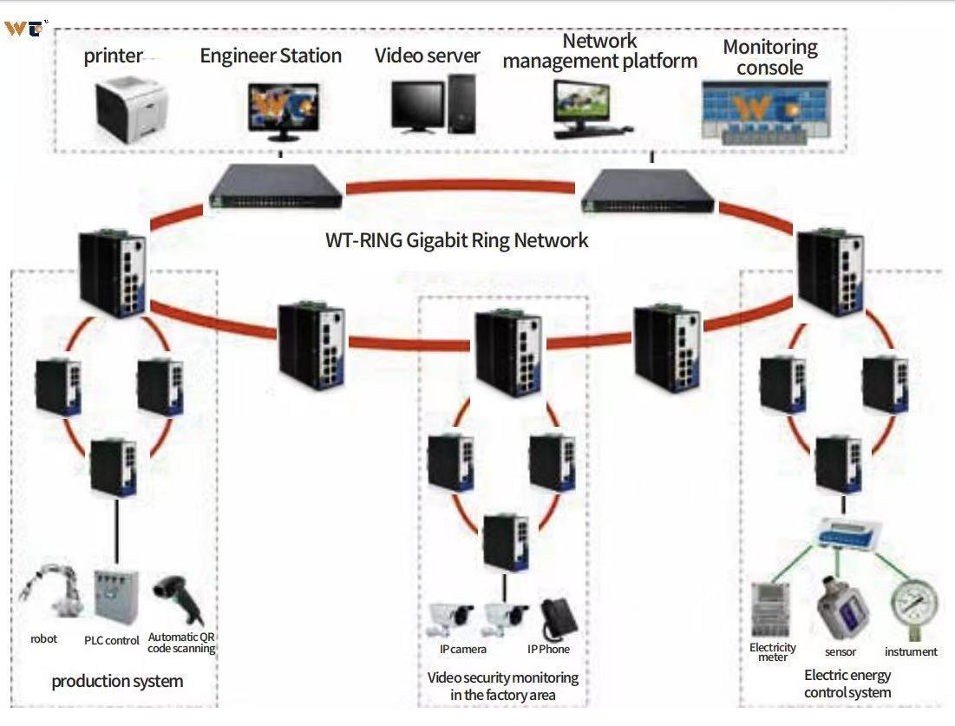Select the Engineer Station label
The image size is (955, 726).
pyautogui.click(x=271, y=56)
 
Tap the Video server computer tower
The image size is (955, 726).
pyautogui.click(x=461, y=102)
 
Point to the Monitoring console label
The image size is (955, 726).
pyautogui.click(x=770, y=57)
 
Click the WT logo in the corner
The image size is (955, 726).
pyautogui.click(x=24, y=28)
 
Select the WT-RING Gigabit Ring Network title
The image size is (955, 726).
pyautogui.click(x=456, y=240)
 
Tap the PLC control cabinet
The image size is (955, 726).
pyautogui.click(x=115, y=598)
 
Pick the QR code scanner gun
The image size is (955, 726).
pyautogui.click(x=179, y=599)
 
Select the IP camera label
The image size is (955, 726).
pyautogui.click(x=462, y=650)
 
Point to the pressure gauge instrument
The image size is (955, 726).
pyautogui.click(x=913, y=611)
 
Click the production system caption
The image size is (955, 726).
pyautogui.click(x=117, y=682)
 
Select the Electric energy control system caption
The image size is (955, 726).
pyautogui.click(x=847, y=683)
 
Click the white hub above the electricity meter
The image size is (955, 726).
pyautogui.click(x=847, y=532)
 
